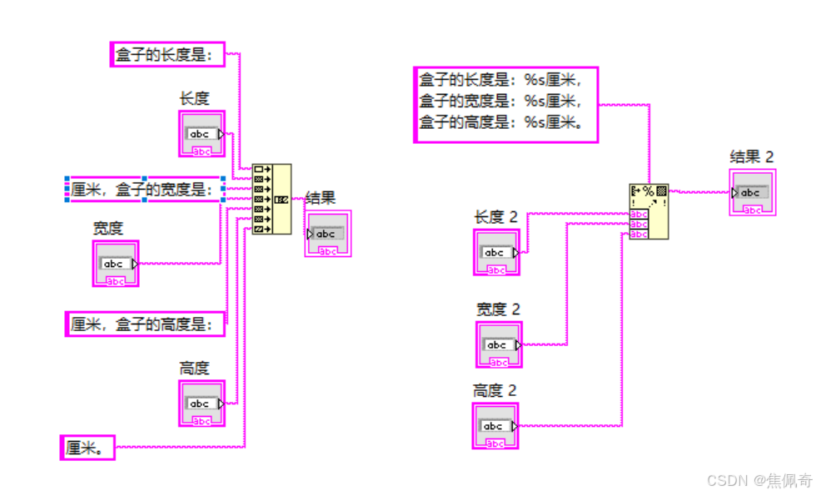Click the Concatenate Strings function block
click(x=271, y=199)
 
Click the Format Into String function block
click(x=649, y=211)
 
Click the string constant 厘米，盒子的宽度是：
click(x=146, y=190)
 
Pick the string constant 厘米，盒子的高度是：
click(x=146, y=324)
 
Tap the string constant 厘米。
click(x=87, y=447)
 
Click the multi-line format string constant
click(x=505, y=104)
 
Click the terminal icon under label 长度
click(x=202, y=134)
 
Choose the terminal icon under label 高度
click(x=202, y=403)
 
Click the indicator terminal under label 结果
click(x=328, y=234)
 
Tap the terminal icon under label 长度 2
click(x=497, y=252)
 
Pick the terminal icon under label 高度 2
click(x=495, y=426)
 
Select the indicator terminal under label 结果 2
click(x=753, y=193)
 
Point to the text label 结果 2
click(x=752, y=156)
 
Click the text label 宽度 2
click(x=498, y=309)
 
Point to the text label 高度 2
click(x=495, y=390)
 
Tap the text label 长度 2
click(x=495, y=216)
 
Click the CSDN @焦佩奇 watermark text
click(x=758, y=480)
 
